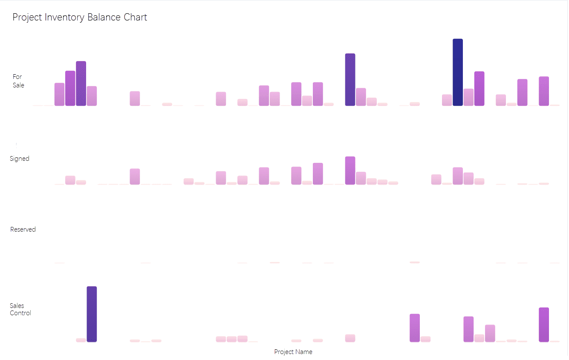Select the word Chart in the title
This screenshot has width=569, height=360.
click(135, 17)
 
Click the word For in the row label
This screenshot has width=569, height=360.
click(17, 77)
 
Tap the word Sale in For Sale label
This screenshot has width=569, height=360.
click(18, 85)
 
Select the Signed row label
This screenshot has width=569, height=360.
click(20, 159)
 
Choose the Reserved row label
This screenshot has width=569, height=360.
click(23, 229)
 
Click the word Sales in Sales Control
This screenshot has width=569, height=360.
click(17, 306)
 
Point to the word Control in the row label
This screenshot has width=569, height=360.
click(20, 313)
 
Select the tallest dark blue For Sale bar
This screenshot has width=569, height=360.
click(458, 73)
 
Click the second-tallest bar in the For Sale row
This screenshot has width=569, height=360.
click(350, 80)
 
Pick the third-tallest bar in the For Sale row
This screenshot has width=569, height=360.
click(81, 84)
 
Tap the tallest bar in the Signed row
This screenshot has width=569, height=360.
click(350, 171)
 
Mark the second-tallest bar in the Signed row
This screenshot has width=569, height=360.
click(318, 174)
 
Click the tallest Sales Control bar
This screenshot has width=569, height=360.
click(92, 314)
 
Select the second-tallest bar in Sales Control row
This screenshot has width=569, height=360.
click(543, 325)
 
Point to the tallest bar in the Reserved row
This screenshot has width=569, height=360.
click(415, 262)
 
